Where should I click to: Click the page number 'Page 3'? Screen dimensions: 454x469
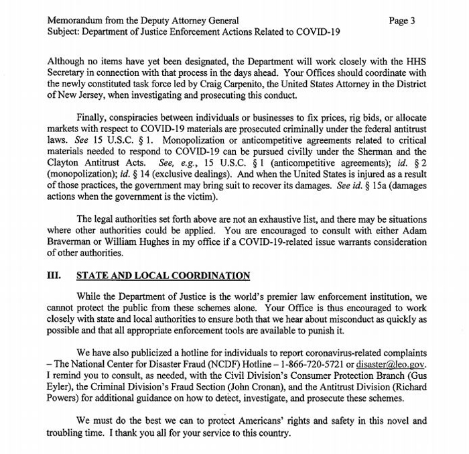tap(402, 21)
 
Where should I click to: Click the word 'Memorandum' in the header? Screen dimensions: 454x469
tap(76, 21)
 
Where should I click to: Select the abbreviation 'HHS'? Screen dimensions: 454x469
tap(415, 60)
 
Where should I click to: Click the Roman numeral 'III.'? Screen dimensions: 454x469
tap(56, 276)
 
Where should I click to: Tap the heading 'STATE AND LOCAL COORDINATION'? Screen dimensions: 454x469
tap(164, 276)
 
